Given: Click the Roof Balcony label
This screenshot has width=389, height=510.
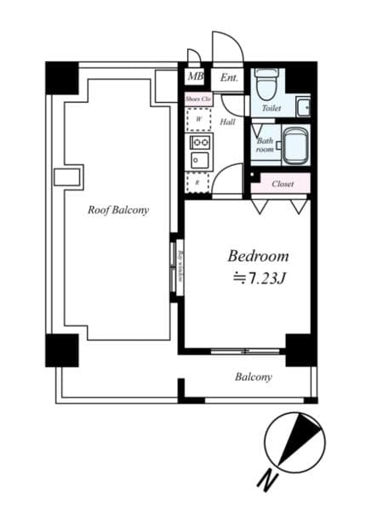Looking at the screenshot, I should (118, 210).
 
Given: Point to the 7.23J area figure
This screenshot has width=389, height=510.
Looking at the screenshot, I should (263, 277).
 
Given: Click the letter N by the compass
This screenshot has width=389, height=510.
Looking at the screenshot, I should (267, 482).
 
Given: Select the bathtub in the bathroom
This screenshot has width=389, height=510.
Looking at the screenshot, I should (294, 147).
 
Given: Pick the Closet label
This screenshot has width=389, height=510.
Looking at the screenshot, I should (283, 184).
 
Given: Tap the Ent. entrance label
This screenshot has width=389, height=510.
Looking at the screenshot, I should (229, 78).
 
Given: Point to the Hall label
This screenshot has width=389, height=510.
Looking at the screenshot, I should (228, 122).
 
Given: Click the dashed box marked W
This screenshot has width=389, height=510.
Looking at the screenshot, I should (197, 120).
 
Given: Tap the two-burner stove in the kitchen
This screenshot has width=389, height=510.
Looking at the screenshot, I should (200, 140).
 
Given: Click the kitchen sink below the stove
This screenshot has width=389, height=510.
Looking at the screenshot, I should (200, 160).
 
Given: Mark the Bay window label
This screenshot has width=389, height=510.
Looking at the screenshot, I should (180, 264).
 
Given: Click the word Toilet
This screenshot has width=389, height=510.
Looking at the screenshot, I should (272, 109).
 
